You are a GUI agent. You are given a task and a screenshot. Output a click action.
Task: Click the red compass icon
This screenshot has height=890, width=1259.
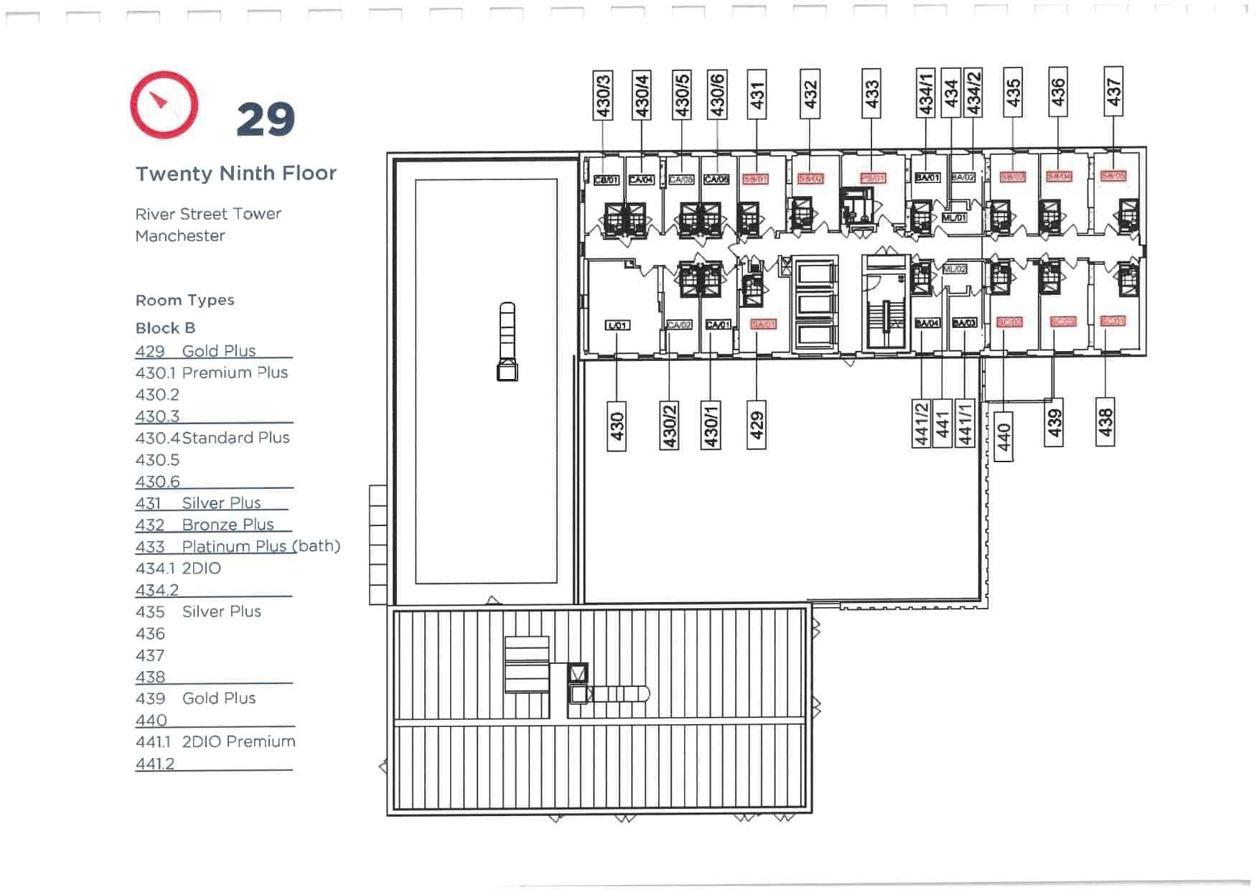(x=164, y=105)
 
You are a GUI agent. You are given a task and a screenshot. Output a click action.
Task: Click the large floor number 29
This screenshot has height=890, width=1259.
(x=265, y=119)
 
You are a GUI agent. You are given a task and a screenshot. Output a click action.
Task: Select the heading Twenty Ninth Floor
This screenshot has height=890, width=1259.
(x=236, y=174)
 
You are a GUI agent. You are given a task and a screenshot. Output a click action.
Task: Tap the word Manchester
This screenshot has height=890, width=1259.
(x=180, y=236)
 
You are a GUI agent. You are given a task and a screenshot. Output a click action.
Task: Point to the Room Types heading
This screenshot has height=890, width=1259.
(x=185, y=301)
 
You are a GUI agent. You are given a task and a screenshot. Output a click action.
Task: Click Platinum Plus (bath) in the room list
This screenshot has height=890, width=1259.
(x=261, y=546)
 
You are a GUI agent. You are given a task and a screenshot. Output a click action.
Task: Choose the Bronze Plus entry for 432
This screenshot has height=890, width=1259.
(x=228, y=525)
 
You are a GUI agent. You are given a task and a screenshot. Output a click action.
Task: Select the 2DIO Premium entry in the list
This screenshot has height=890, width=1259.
(x=238, y=741)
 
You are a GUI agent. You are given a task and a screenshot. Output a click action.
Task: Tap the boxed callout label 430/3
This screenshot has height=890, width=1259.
(x=603, y=95)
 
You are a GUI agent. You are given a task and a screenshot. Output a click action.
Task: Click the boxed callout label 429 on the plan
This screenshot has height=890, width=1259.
(x=757, y=425)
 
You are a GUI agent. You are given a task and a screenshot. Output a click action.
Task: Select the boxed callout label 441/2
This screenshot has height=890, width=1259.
(x=922, y=423)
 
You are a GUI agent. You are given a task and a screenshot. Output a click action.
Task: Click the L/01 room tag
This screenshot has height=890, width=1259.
(x=617, y=325)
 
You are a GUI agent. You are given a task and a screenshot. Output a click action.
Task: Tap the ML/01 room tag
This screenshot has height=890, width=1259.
(x=954, y=217)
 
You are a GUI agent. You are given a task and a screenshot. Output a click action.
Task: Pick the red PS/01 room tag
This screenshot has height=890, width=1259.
(x=873, y=177)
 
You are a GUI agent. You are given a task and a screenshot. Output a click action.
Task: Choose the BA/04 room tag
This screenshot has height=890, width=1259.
(x=927, y=324)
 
